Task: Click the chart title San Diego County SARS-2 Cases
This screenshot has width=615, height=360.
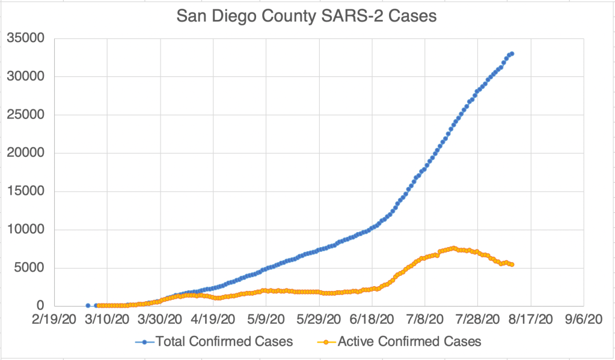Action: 307,16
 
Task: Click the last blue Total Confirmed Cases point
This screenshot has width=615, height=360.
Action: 512,53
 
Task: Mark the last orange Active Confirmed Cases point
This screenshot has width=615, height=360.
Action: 512,264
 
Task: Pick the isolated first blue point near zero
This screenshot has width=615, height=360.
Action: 88,305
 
